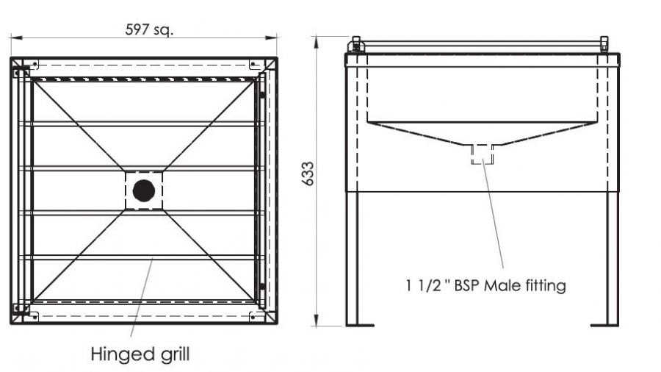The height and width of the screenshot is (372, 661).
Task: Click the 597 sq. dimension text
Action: coord(149,29)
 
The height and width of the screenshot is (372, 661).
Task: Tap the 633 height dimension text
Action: coord(308,174)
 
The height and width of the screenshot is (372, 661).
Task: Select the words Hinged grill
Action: coord(140,354)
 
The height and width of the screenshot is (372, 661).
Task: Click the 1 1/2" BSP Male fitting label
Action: coord(485,285)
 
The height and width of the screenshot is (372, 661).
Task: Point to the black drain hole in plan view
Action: coord(144,190)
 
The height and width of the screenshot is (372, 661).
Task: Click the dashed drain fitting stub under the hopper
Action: coord(483,154)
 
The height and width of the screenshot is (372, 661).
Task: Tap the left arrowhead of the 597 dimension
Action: coord(16,38)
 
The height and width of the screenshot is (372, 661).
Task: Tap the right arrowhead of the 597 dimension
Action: coord(272,38)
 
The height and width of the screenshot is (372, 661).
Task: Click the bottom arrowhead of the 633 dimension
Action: coord(316,321)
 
